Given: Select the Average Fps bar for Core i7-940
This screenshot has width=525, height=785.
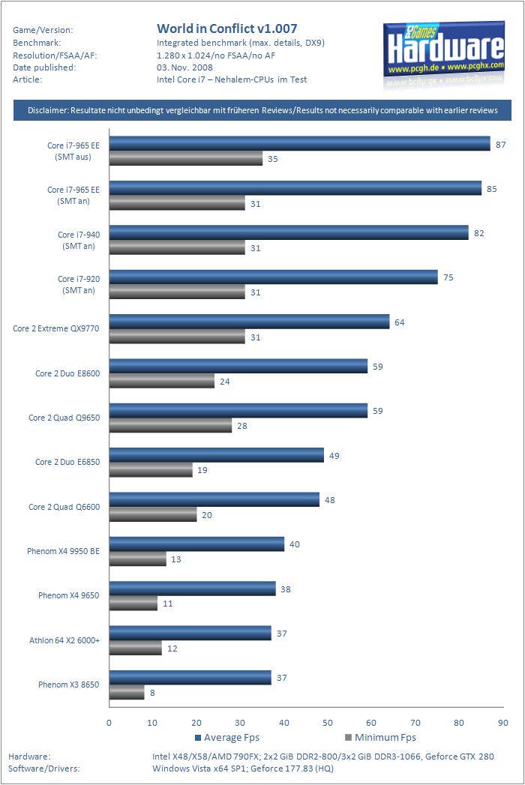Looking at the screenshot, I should point(289,233).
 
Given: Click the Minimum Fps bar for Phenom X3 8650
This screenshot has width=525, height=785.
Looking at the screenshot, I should point(127,693).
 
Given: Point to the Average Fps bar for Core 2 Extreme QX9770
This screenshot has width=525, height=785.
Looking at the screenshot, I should point(249,322).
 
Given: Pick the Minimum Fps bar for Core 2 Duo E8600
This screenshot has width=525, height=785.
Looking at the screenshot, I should point(162,381).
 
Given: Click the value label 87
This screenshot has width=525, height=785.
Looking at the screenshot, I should point(500,144).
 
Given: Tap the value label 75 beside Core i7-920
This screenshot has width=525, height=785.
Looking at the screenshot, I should point(448,277).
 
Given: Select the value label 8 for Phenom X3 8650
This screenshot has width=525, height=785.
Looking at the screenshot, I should point(152,693).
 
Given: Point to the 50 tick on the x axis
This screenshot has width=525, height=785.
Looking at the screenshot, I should point(328,723).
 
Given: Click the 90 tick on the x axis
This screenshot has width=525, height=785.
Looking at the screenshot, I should point(502,723).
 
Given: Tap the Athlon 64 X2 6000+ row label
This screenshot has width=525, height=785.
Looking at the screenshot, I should point(64,640).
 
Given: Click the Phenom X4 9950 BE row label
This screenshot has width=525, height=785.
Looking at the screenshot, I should point(63,551).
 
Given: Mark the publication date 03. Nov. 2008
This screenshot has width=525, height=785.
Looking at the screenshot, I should point(184,67).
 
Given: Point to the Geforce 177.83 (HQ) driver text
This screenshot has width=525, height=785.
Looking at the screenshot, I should point(292,769).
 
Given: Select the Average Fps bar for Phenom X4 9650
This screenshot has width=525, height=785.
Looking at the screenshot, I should point(193,589).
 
